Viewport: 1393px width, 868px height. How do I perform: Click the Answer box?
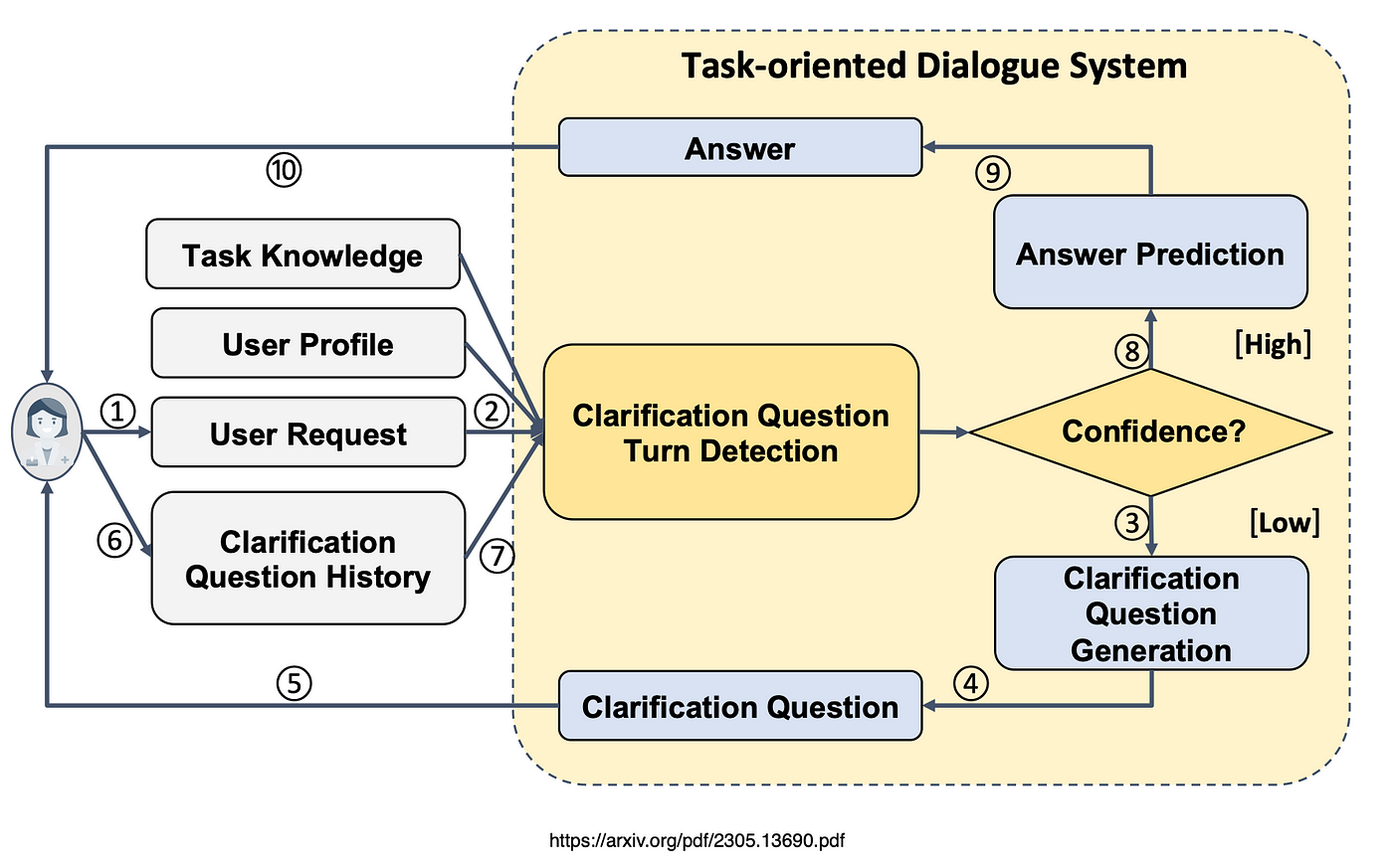coord(739,148)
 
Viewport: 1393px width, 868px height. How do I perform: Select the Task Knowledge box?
coord(302,255)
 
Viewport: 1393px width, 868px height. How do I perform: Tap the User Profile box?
coord(307,344)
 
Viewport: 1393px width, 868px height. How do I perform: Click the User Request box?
coord(307,434)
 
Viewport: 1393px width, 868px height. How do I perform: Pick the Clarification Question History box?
coord(307,559)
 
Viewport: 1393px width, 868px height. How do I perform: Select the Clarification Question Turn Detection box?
coord(730,433)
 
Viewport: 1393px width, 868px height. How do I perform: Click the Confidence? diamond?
coord(1151,432)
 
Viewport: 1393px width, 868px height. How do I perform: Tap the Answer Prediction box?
coord(1150,253)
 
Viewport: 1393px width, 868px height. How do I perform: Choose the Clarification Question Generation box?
coord(1151,613)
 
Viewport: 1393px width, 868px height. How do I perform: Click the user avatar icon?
coord(46,433)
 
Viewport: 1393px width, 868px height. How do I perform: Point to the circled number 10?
coord(284,170)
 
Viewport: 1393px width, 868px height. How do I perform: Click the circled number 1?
coord(118,411)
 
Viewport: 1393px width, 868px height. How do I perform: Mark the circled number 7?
coord(497,556)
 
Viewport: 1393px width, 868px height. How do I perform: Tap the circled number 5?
coord(294,683)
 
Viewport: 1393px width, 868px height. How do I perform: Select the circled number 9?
coord(992,173)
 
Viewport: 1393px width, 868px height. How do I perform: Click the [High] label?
coord(1273,344)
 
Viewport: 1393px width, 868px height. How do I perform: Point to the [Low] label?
coord(1285,522)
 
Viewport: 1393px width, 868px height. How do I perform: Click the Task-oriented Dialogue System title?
coord(933,66)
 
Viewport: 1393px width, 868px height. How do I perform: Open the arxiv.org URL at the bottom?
coord(696,840)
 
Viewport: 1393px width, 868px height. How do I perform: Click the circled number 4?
coord(971,683)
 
